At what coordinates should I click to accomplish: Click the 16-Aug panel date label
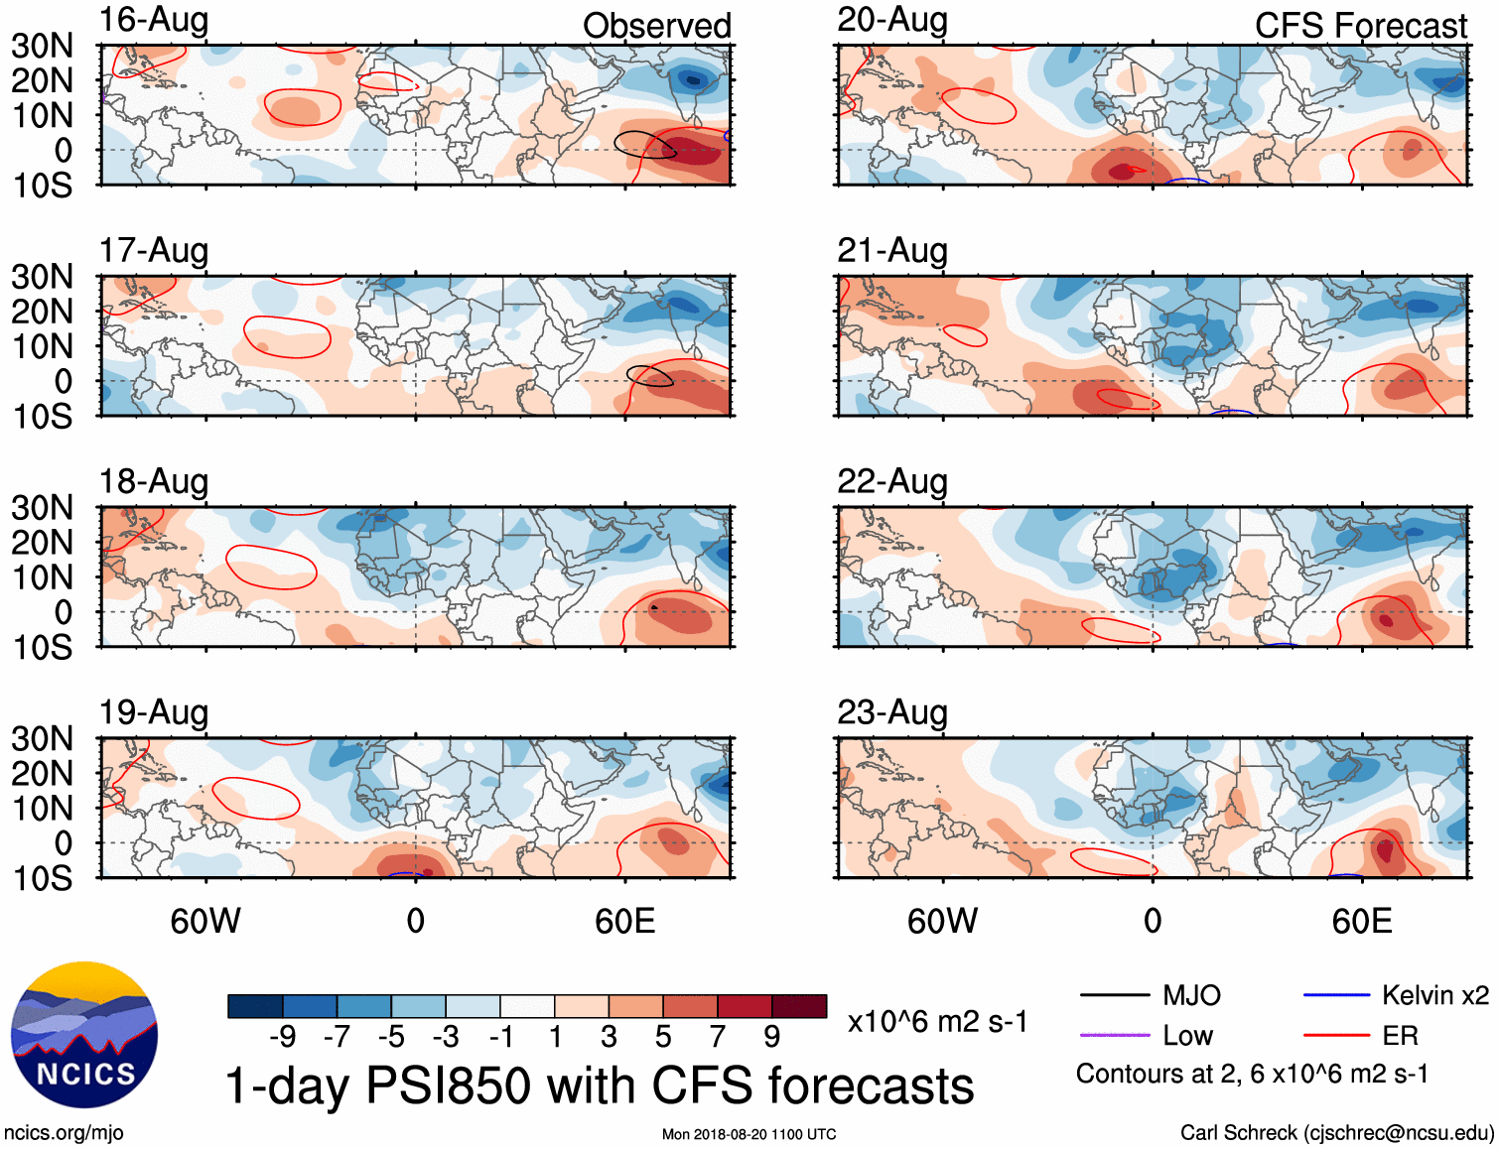154,20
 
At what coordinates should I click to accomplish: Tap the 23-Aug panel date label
891,712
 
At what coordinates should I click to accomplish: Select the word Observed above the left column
656,26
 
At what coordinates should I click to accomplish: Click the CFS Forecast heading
1360,26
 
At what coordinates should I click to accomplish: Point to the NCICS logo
84,1035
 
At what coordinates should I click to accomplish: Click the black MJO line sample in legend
1114,995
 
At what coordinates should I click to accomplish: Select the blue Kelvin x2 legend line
1336,995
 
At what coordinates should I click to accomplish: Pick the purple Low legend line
1114,1036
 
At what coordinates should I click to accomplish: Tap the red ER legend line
1336,1036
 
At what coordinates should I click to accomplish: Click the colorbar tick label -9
282,1037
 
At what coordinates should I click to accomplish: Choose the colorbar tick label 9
771,1037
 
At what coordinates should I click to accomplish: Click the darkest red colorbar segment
799,1006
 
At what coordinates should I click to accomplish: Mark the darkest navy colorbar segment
254,1006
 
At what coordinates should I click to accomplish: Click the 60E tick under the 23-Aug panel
1361,922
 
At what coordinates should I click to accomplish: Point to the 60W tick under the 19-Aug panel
205,922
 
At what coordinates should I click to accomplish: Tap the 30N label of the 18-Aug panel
42,508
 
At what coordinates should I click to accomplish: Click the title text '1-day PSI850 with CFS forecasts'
600,1085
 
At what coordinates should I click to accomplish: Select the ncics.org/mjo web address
64,1133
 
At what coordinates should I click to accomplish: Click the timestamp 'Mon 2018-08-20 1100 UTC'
749,1134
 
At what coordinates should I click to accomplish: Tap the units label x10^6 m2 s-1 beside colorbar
937,1021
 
